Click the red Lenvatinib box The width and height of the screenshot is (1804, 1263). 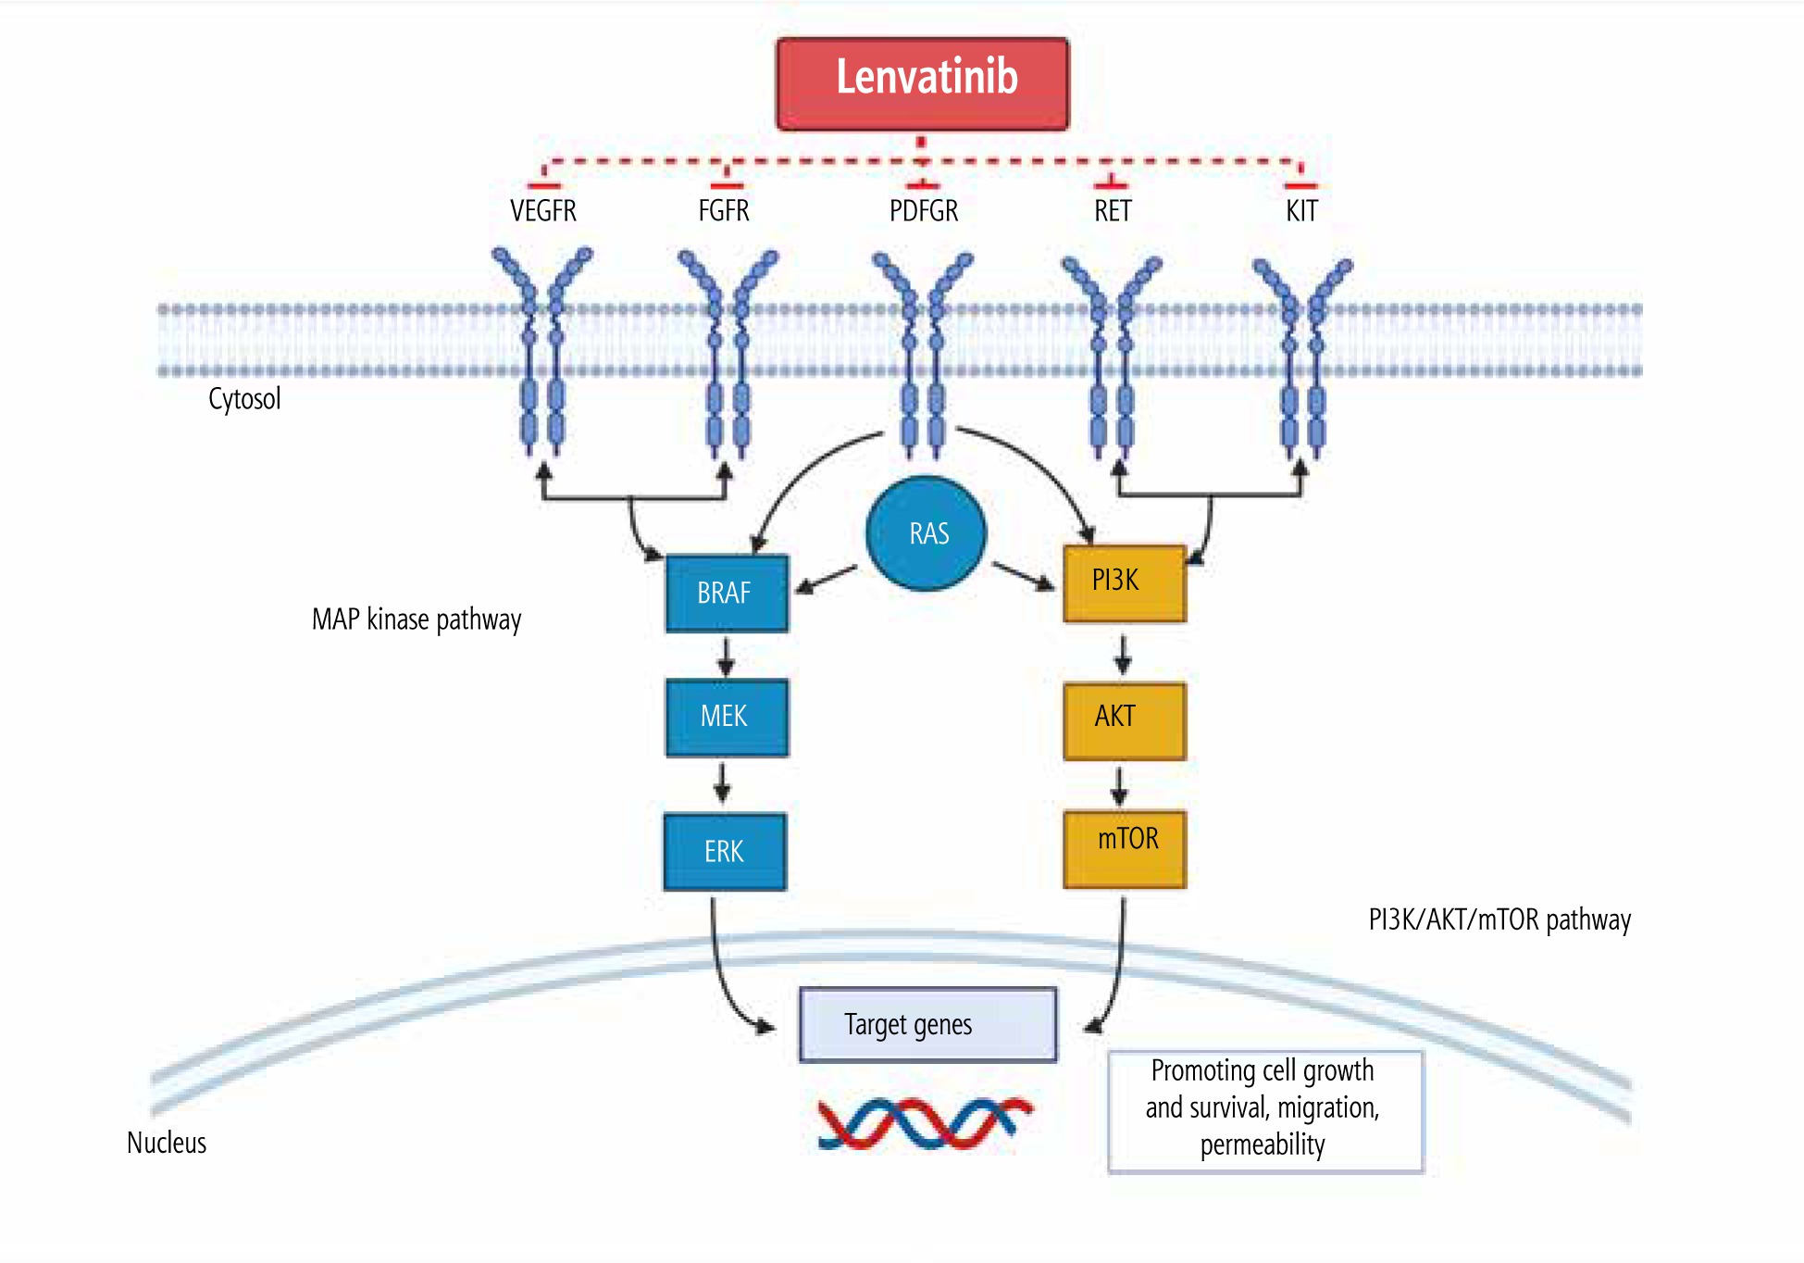click(x=922, y=83)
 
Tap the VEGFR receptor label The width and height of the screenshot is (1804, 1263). click(x=543, y=211)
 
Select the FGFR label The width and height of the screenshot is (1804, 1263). click(x=724, y=211)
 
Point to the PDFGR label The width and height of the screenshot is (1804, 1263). click(x=924, y=211)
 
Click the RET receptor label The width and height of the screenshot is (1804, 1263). click(x=1113, y=211)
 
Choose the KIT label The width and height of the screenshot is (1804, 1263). click(x=1301, y=211)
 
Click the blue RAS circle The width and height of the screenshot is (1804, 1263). click(x=927, y=533)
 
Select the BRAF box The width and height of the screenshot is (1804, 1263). click(x=727, y=593)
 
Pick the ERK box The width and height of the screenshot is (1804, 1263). click(x=725, y=852)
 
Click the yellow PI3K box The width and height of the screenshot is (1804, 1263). click(x=1125, y=582)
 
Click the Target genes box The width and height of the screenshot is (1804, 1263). click(x=927, y=1024)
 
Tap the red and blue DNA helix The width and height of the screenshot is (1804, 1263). click(x=924, y=1122)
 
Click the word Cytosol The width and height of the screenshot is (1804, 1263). click(x=244, y=399)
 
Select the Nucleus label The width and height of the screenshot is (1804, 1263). click(x=167, y=1143)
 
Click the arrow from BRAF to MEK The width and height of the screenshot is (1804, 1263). click(x=727, y=656)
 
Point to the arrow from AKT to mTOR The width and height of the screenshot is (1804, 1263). click(x=1120, y=785)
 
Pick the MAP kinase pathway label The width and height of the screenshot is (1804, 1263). click(x=417, y=619)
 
